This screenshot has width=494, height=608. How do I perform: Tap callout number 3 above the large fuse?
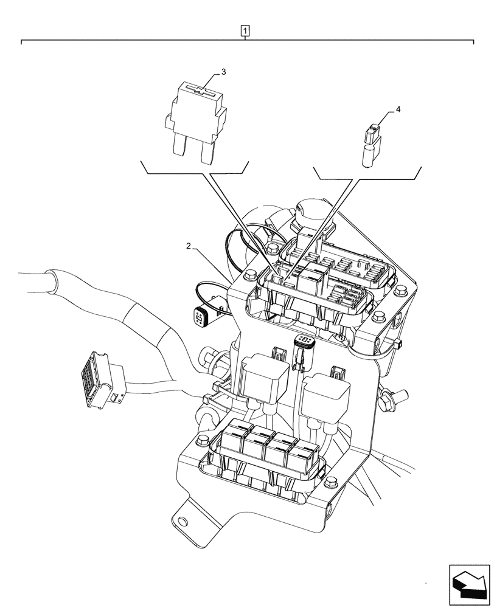pos(223,72)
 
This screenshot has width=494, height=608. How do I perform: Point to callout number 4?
pos(398,109)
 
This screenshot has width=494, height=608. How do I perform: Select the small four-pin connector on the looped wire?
pos(201,316)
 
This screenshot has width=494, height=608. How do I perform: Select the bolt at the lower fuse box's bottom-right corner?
pos(329,483)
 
